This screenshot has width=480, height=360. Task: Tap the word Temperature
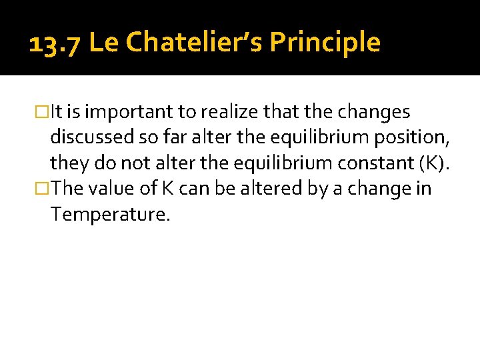[x=110, y=215]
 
